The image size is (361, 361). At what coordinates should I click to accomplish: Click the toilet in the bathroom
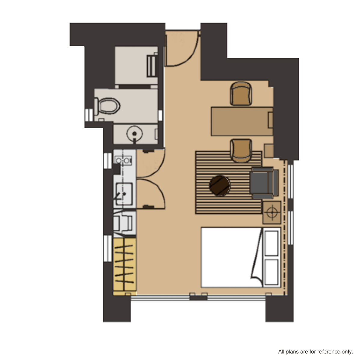coord(107,106)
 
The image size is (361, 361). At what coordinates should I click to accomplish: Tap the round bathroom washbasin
coord(134,134)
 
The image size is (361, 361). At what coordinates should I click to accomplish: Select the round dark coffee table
coord(220,186)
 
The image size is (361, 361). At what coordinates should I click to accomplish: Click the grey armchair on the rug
coord(264,183)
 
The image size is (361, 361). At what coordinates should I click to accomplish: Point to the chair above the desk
coord(241,94)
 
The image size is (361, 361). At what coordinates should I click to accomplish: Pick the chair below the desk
coord(241,151)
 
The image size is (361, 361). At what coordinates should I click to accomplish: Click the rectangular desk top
coord(242,121)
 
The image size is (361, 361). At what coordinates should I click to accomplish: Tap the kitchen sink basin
coord(124,194)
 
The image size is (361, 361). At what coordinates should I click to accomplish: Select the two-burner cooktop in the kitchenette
coord(123,161)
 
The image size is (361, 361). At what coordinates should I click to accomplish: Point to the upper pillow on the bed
coord(271,243)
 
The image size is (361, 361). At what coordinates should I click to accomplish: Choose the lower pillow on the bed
coord(271,272)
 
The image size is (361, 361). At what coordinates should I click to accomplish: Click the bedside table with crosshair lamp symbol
coord(272,213)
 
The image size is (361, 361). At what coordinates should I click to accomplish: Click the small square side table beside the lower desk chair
coord(269,151)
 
